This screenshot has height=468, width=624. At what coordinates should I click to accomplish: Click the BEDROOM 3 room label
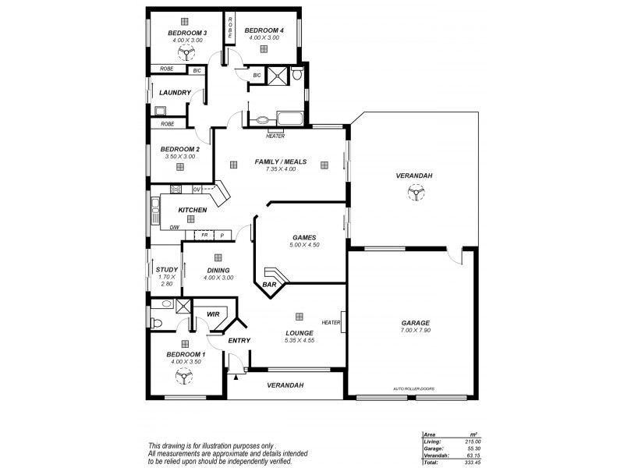click(x=187, y=33)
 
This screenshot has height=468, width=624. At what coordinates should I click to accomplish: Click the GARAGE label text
click(x=416, y=323)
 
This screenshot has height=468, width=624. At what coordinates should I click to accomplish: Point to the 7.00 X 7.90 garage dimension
click(x=416, y=331)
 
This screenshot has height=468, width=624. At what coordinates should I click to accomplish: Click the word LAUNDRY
click(x=175, y=93)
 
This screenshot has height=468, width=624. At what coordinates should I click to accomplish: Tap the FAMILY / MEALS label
click(x=281, y=162)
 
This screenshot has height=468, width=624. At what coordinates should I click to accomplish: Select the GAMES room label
click(x=303, y=236)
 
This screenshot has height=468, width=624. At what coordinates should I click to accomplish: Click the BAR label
click(x=269, y=285)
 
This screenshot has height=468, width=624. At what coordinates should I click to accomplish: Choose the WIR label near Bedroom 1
click(x=211, y=314)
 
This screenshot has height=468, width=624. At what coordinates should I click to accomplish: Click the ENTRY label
click(x=239, y=341)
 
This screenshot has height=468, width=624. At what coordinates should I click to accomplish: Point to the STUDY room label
click(x=166, y=270)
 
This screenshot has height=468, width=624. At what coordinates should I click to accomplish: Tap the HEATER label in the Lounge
click(x=331, y=322)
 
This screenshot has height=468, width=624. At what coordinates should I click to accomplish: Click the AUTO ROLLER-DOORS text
click(x=414, y=388)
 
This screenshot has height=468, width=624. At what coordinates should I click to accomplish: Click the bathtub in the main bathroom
click(x=291, y=119)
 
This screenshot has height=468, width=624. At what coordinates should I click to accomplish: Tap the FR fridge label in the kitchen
click(x=205, y=234)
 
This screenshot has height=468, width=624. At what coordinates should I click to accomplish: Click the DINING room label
click(x=218, y=270)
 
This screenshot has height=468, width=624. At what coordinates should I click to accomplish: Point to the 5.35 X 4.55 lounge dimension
click(x=299, y=340)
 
